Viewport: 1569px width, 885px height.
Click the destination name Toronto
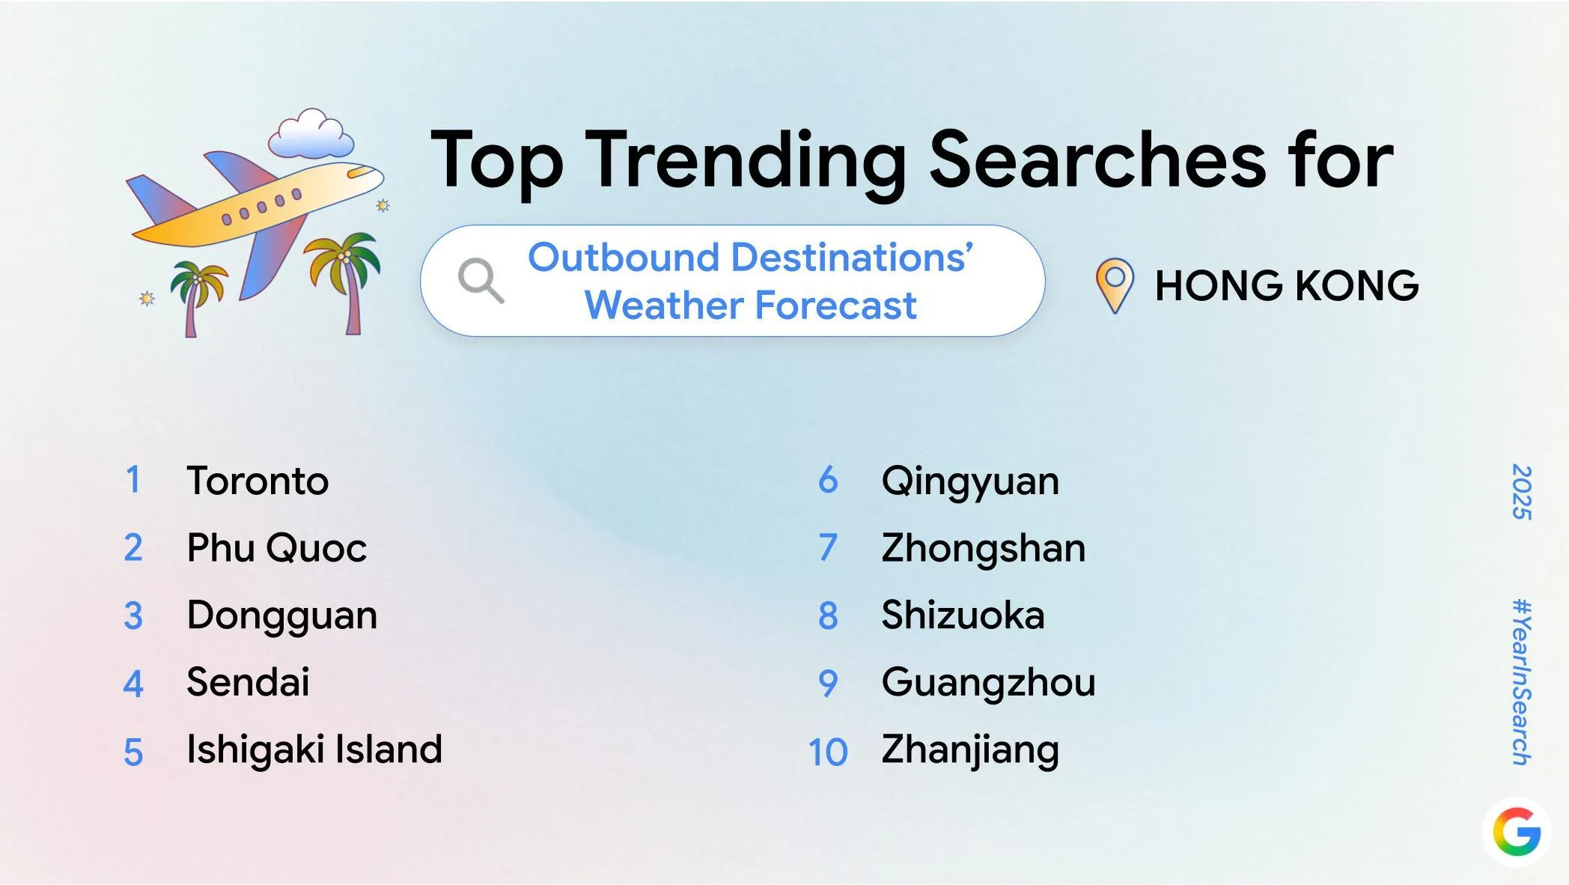point(257,481)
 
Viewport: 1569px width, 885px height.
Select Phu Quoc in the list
point(276,548)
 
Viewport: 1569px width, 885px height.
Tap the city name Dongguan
point(281,615)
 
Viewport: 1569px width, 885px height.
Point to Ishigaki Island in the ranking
point(314,749)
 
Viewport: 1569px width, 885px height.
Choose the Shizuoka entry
point(962,615)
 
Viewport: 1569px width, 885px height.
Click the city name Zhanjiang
point(969,749)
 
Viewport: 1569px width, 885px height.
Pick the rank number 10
point(827,752)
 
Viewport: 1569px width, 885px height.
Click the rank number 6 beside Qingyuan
point(828,481)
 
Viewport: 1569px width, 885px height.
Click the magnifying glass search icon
point(480,281)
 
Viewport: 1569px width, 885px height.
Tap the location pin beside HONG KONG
point(1114,285)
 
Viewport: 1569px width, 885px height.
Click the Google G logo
point(1517,831)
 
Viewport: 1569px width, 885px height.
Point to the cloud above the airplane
point(311,135)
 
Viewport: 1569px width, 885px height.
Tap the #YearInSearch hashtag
point(1521,681)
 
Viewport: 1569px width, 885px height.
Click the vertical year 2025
point(1521,492)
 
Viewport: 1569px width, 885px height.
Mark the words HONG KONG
point(1286,286)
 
